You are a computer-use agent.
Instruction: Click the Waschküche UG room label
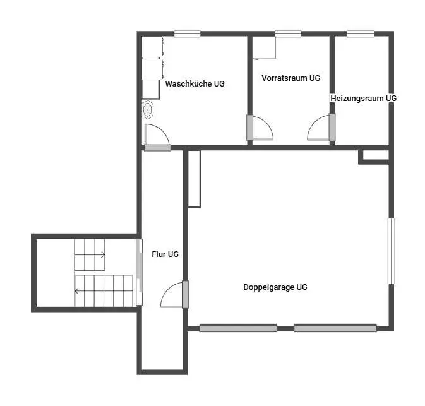point(195,84)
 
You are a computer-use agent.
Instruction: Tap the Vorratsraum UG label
point(291,78)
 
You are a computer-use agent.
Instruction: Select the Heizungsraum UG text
point(364,98)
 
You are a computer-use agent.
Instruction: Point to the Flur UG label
point(165,254)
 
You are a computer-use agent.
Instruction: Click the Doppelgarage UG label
point(275,287)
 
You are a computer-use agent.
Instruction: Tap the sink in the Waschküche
point(147,110)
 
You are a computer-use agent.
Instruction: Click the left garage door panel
point(238,328)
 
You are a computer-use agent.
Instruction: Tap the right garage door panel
point(335,328)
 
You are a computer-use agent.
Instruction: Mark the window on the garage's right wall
point(392,251)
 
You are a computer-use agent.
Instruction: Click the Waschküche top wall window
point(187,33)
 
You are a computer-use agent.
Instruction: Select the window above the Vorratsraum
point(288,33)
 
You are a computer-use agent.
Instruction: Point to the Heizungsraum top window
point(360,33)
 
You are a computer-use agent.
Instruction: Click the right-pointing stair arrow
point(90,254)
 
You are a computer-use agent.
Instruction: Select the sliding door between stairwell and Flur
point(139,272)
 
